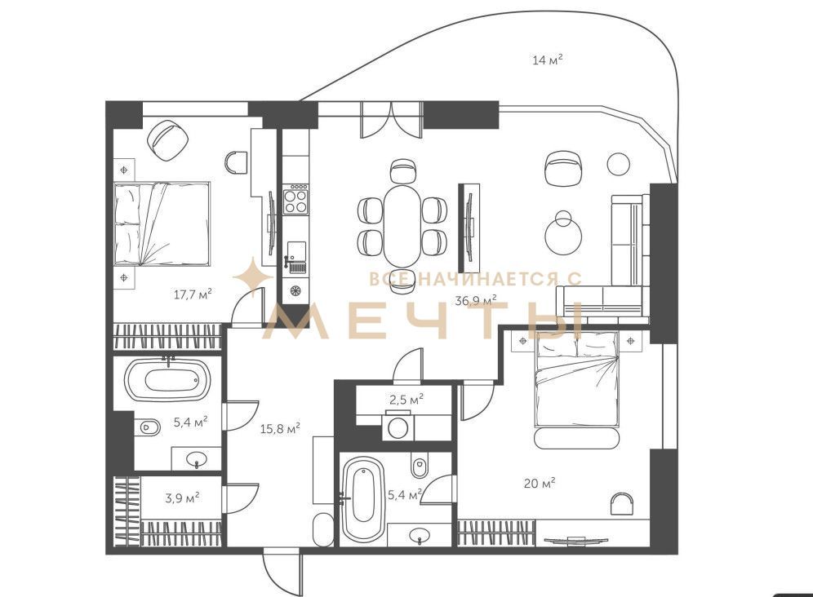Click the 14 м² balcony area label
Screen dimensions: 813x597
pyautogui.click(x=548, y=60)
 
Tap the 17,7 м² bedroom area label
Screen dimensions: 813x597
pyautogui.click(x=193, y=295)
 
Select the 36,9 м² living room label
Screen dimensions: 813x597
pyautogui.click(x=476, y=300)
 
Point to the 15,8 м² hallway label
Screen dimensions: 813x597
pyautogui.click(x=280, y=428)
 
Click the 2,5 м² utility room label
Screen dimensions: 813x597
pyautogui.click(x=406, y=400)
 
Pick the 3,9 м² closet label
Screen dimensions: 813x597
pyautogui.click(x=183, y=498)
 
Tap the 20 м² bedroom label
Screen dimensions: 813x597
pyautogui.click(x=540, y=484)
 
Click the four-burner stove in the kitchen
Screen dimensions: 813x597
pyautogui.click(x=295, y=200)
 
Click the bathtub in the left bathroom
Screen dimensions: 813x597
pyautogui.click(x=167, y=380)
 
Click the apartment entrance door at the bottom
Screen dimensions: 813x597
pyautogui.click(x=282, y=573)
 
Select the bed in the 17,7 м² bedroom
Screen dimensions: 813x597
pyautogui.click(x=162, y=223)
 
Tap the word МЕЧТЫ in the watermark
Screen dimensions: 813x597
pyautogui.click(x=425, y=321)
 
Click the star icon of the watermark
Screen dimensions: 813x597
pyautogui.click(x=252, y=277)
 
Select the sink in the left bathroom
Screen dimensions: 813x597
pyautogui.click(x=197, y=459)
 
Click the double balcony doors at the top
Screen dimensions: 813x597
pyautogui.click(x=392, y=120)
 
